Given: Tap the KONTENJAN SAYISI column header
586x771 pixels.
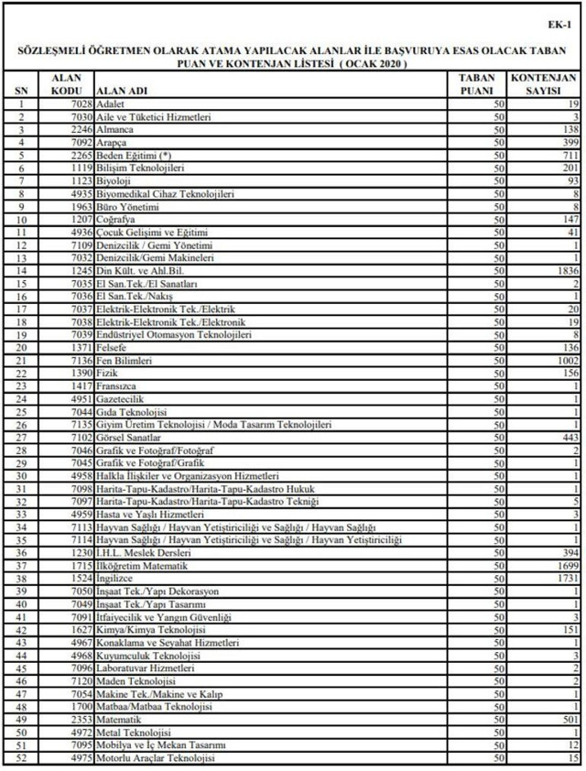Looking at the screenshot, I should (543, 85).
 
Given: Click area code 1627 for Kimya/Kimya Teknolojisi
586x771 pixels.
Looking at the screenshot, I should (80, 631).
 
